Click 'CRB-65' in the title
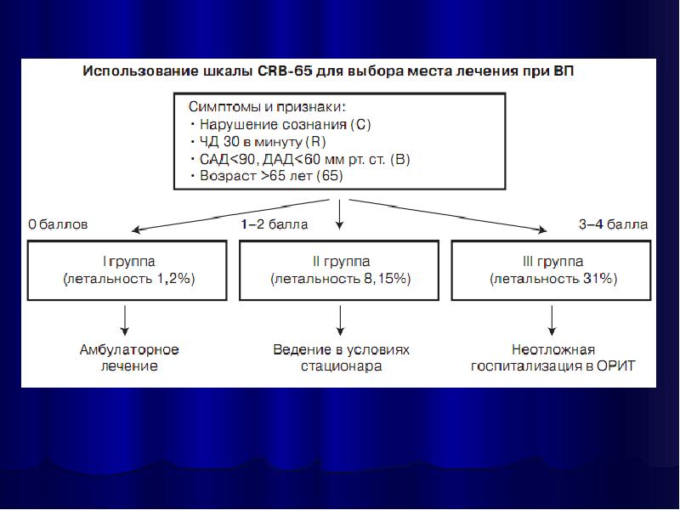(282, 71)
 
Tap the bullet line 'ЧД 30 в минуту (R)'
(259, 142)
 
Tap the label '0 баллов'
(58, 225)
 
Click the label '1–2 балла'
(274, 225)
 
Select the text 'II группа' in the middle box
(341, 261)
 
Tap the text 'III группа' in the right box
(552, 261)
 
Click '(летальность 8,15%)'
(341, 279)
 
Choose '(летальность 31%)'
(552, 279)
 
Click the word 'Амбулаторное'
(129, 349)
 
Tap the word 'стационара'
(341, 366)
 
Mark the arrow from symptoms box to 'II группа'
(340, 212)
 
